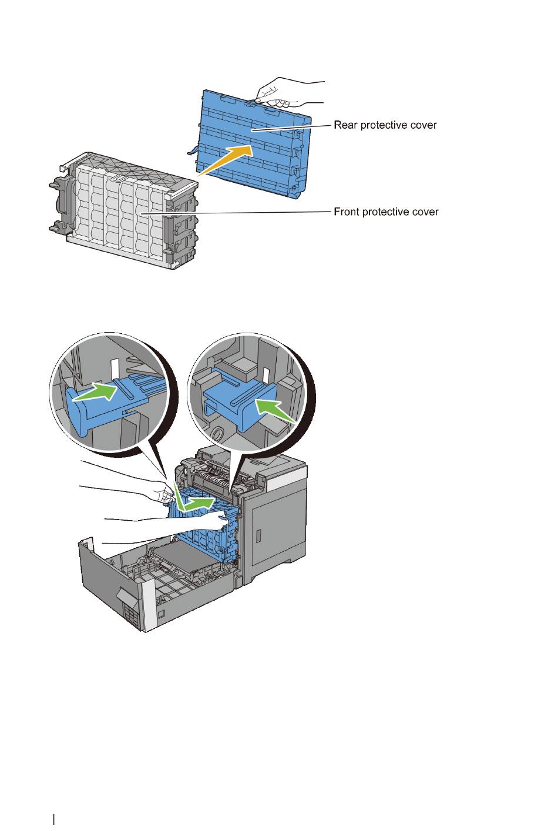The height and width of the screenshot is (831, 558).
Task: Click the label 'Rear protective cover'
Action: coord(385,125)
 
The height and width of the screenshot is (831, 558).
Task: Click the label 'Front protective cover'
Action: coord(386,212)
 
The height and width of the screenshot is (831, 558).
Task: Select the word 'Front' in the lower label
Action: coord(346,212)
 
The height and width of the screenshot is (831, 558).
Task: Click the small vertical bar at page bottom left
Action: coord(53,819)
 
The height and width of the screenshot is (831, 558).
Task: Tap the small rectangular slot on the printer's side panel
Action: coord(258,535)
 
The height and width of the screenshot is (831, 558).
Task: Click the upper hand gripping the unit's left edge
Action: coord(159,491)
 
